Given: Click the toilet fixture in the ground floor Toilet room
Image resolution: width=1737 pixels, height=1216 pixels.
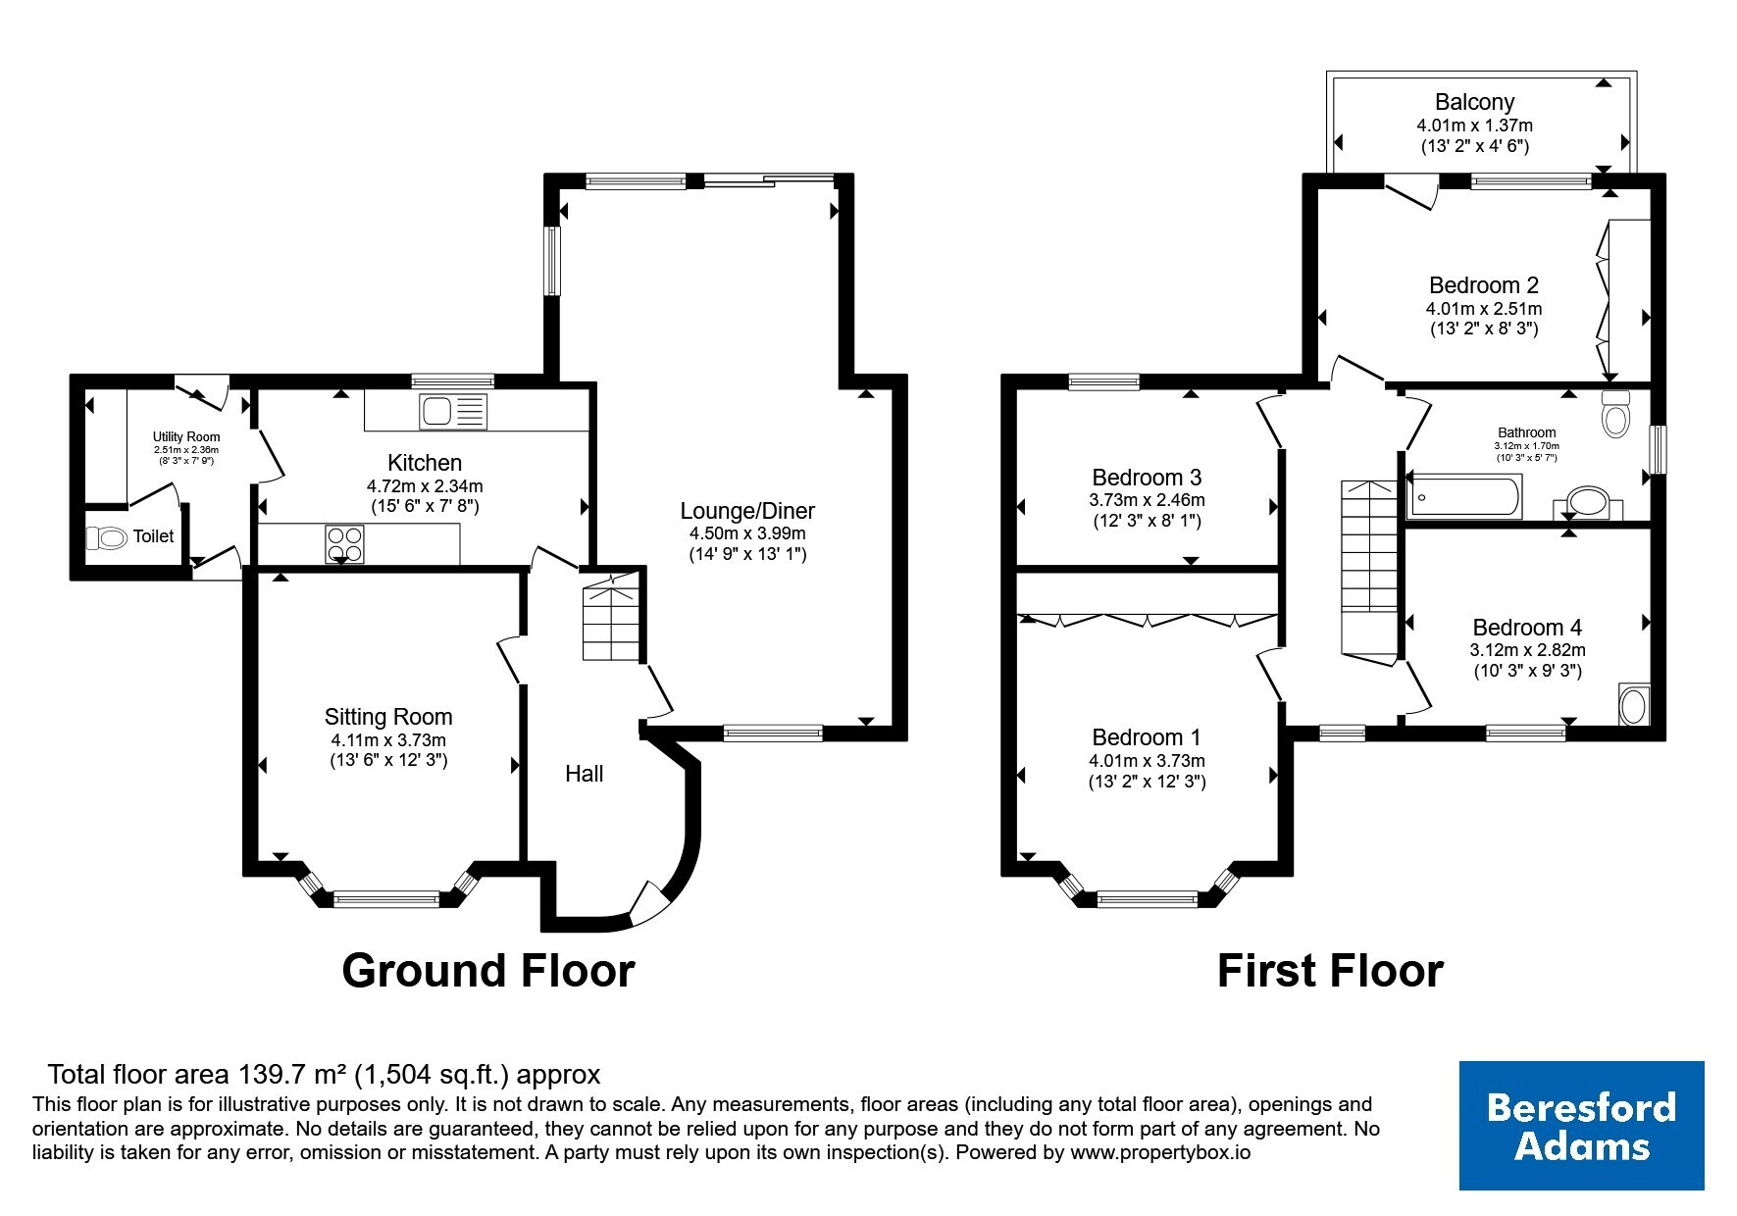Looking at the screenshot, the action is point(107,537).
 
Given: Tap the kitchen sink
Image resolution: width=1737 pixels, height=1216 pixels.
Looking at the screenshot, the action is point(452,411).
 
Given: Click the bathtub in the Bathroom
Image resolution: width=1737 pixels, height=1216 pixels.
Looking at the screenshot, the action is point(1465,496).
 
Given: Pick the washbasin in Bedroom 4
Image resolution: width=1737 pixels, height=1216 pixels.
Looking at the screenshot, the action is point(1634,704).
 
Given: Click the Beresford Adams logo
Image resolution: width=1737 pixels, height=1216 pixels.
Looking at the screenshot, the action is point(1581,1125).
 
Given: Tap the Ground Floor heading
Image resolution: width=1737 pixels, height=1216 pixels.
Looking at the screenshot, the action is point(488,970).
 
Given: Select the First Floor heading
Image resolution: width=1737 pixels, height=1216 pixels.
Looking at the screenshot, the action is point(1330,971).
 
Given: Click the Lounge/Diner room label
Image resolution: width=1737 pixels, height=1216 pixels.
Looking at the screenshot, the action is point(747,511).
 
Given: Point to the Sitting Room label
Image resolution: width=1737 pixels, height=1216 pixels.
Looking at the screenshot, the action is point(388,717).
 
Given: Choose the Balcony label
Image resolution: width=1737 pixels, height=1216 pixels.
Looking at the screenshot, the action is point(1474,102).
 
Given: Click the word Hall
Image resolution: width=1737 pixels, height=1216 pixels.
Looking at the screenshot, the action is point(584,774).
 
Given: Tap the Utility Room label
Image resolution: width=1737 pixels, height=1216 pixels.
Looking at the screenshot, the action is point(186,437).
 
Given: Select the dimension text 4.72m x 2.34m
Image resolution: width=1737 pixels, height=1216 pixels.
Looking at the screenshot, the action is point(425,485).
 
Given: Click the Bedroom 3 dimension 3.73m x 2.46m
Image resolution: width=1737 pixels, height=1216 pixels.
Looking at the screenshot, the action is point(1147,500).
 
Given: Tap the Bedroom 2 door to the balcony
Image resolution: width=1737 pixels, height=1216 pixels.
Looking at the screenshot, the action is point(1411,191).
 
